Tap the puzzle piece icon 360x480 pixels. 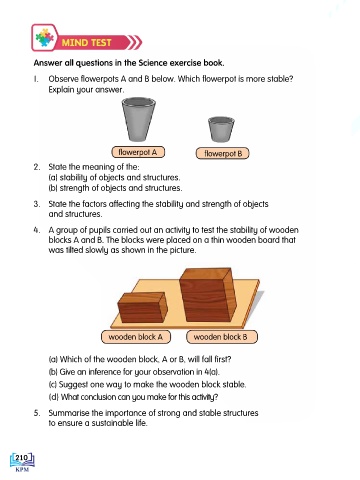pyautogui.click(x=45, y=37)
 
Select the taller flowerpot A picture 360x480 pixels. pyautogui.click(x=138, y=119)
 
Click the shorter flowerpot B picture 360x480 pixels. pyautogui.click(x=221, y=129)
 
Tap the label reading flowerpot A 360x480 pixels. pyautogui.click(x=138, y=152)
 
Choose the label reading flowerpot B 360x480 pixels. pyautogui.click(x=222, y=153)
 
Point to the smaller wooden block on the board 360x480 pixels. pyautogui.click(x=143, y=307)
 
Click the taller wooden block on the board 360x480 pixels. pyautogui.click(x=207, y=295)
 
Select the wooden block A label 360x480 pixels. pyautogui.click(x=136, y=337)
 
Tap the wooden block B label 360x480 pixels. pyautogui.click(x=222, y=337)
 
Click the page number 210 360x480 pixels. pyautogui.click(x=22, y=458)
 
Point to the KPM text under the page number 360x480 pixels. pyautogui.click(x=22, y=470)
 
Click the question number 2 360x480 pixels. pyautogui.click(x=37, y=167)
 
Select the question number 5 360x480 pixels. pyautogui.click(x=37, y=413)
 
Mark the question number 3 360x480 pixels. pyautogui.click(x=37, y=204)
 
